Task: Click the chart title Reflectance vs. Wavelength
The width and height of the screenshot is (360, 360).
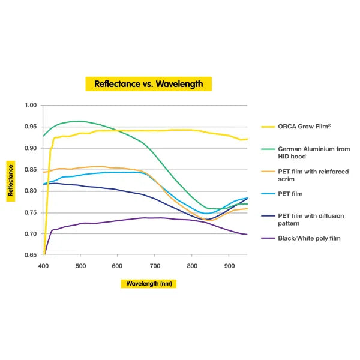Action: point(149,84)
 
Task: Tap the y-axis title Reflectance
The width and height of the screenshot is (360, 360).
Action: point(11,181)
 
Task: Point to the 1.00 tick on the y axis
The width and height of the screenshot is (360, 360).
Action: point(31,106)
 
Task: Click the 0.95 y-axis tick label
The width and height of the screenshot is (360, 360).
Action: point(31,127)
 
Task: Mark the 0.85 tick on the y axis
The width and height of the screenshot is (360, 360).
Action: point(31,170)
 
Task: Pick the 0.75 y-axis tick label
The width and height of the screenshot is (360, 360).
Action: point(31,212)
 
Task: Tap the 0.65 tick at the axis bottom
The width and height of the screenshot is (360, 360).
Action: point(31,256)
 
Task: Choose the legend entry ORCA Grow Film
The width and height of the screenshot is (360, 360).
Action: point(304,127)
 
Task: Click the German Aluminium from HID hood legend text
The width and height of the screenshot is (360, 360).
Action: point(314,152)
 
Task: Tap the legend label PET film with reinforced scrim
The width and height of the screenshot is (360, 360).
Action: point(313,175)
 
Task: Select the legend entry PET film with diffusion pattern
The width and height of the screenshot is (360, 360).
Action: point(311,219)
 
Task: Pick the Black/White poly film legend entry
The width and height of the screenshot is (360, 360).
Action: point(309,238)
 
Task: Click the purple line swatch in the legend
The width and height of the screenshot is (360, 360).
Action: point(268,238)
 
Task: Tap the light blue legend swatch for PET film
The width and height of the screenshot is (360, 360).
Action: point(268,194)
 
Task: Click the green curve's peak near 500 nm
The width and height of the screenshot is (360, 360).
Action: point(78,121)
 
